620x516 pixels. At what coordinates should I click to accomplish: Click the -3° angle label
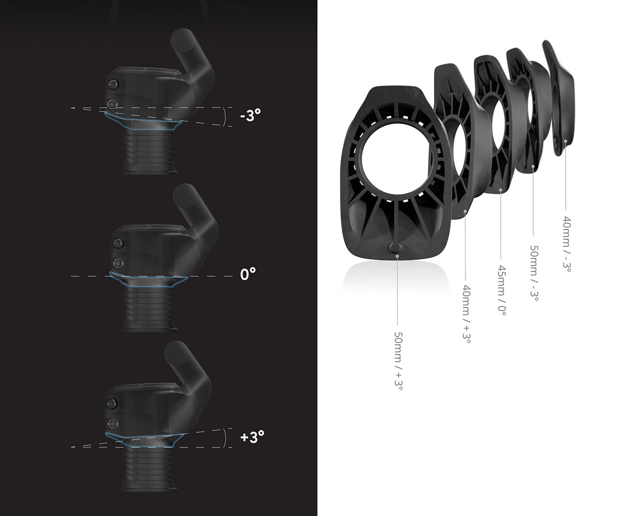click(x=251, y=116)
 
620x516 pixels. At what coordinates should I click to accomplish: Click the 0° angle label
click(x=248, y=274)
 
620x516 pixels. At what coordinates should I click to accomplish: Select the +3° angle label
click(x=252, y=436)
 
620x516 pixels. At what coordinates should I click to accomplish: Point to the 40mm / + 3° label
click(x=467, y=314)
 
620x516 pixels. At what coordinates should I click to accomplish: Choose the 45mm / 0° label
click(x=502, y=291)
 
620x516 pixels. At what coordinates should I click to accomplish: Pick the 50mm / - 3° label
click(x=534, y=273)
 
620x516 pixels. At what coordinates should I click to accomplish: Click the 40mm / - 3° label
click(x=567, y=244)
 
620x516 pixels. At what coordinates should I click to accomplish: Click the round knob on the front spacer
click(x=395, y=248)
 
